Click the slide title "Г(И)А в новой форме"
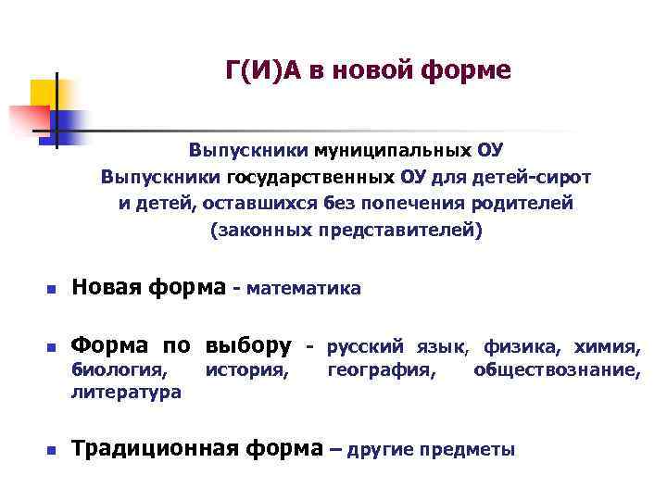pyautogui.click(x=368, y=70)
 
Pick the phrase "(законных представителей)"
pyautogui.click(x=346, y=230)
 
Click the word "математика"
pyautogui.click(x=303, y=290)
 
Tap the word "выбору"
pyautogui.click(x=248, y=346)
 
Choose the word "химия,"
pyautogui.click(x=607, y=347)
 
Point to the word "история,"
pyautogui.click(x=246, y=370)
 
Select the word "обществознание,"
pyautogui.click(x=556, y=370)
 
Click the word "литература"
pyautogui.click(x=126, y=393)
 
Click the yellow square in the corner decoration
pyautogui.click(x=44, y=93)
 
